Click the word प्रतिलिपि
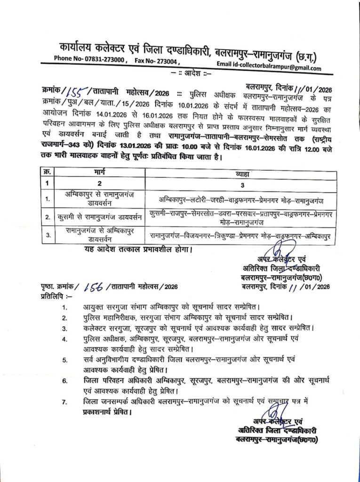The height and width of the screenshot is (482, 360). click(x=49, y=297)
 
